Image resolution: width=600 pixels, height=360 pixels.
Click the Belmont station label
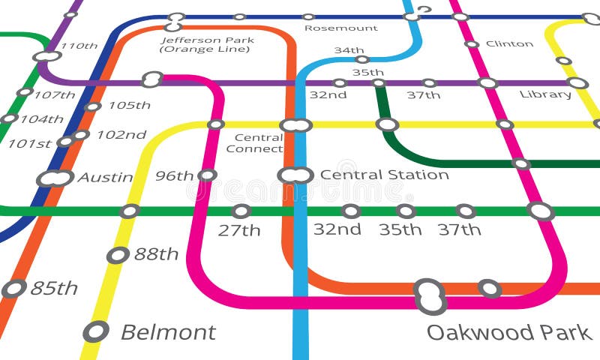pyautogui.click(x=168, y=332)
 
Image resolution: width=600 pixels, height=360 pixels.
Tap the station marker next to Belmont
pyautogui.click(x=96, y=331)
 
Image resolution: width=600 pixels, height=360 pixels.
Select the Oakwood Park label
pyautogui.click(x=509, y=332)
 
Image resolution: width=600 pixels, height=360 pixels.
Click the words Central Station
pyautogui.click(x=384, y=175)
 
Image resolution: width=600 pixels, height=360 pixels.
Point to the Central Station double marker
pyautogui.click(x=295, y=175)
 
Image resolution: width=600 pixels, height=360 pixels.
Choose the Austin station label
pyautogui.click(x=105, y=178)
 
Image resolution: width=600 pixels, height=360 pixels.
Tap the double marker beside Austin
pyautogui.click(x=55, y=178)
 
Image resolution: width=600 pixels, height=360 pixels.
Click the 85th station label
pyautogui.click(x=54, y=288)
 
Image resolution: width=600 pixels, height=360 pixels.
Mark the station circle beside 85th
pyautogui.click(x=14, y=288)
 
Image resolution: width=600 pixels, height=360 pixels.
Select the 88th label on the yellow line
pyautogui.click(x=156, y=254)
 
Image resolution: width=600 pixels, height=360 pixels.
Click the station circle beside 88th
pyautogui.click(x=118, y=255)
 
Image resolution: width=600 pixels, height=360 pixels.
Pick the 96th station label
pyautogui.click(x=174, y=176)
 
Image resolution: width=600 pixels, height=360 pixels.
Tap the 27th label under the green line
pyautogui.click(x=239, y=230)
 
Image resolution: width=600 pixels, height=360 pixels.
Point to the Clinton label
pyautogui.click(x=509, y=43)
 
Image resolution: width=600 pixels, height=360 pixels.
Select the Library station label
pyautogui.click(x=545, y=94)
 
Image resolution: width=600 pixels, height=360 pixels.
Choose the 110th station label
pyautogui.click(x=79, y=46)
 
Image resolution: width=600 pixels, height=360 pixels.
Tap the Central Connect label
pyautogui.click(x=255, y=143)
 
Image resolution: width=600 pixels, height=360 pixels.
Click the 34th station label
pyautogui.click(x=349, y=50)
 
